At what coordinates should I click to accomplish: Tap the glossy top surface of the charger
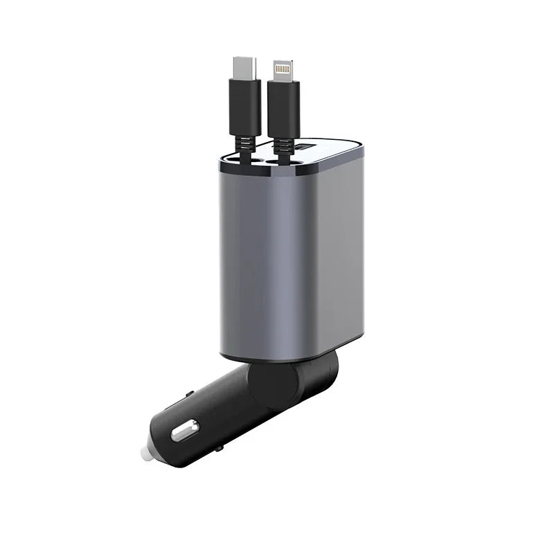[325, 156]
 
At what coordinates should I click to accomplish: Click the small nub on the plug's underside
[220, 449]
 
